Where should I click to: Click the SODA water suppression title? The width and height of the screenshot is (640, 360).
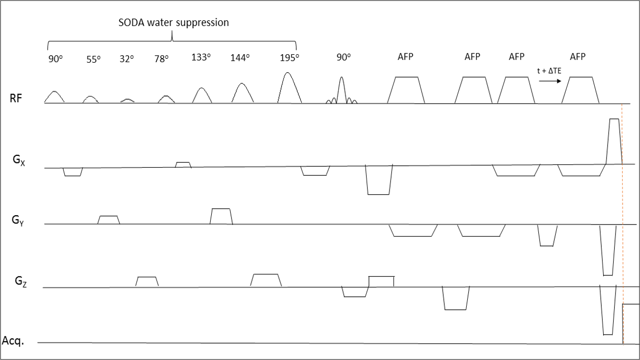point(173,22)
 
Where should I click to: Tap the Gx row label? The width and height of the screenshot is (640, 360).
point(19,162)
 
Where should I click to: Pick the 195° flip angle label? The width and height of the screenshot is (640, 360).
point(289,57)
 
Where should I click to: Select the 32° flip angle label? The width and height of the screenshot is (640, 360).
point(127,58)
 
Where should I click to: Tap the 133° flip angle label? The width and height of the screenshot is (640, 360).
point(201,57)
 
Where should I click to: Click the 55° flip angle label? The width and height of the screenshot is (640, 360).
point(93,58)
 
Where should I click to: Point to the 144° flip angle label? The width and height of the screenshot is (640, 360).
point(240,57)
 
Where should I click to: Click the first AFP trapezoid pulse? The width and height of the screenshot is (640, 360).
point(406,90)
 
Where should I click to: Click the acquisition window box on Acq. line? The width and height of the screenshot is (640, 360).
point(631,323)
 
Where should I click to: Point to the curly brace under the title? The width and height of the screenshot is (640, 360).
point(172,40)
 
